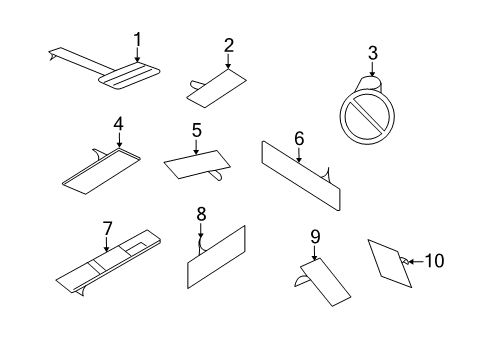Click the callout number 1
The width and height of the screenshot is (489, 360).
click(x=138, y=39)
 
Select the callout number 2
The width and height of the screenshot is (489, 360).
click(x=229, y=45)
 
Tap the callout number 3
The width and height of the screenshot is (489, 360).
click(x=372, y=52)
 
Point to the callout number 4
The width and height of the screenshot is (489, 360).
click(x=118, y=124)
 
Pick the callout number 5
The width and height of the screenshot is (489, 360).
click(x=197, y=130)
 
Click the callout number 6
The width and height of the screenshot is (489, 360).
click(x=298, y=137)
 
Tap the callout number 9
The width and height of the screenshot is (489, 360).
click(x=314, y=237)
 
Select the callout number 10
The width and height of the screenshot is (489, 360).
click(x=434, y=260)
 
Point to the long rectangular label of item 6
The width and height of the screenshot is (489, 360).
click(x=300, y=175)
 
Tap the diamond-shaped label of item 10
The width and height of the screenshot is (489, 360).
click(x=387, y=263)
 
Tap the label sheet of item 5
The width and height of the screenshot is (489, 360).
click(x=195, y=164)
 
